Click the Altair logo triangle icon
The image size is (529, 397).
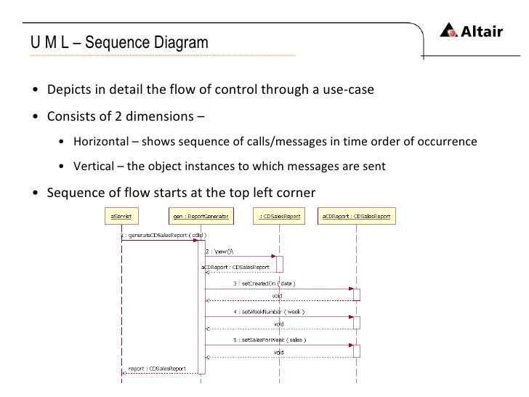tap(449, 31)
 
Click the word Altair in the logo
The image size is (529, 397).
tap(483, 31)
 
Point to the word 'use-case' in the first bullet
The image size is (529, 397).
tap(351, 91)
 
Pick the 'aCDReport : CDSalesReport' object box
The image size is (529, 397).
tap(356, 216)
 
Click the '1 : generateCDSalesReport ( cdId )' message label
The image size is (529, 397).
tap(163, 236)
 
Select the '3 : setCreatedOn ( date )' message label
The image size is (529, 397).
tap(264, 283)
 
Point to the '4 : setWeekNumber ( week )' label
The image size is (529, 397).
tap(268, 311)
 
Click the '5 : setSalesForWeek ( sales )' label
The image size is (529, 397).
tap(269, 340)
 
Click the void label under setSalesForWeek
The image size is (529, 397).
tap(278, 353)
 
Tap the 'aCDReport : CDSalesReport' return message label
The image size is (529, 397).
tap(230, 267)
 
